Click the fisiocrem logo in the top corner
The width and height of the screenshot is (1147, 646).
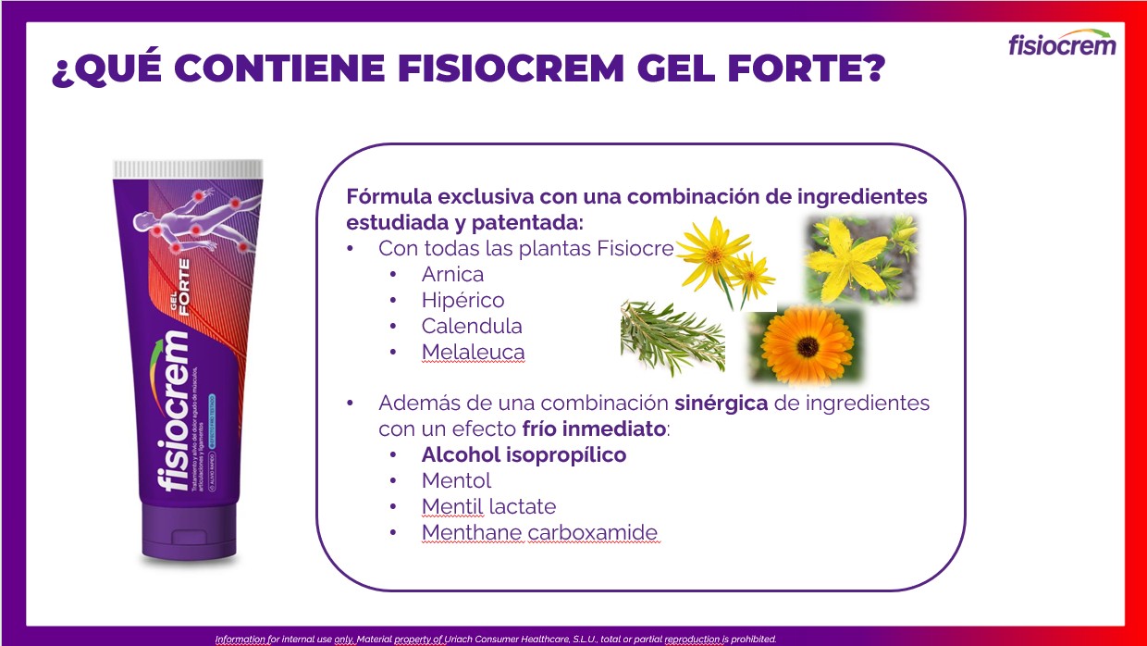pyautogui.click(x=1062, y=43)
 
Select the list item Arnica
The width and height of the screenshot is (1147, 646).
pyautogui.click(x=452, y=274)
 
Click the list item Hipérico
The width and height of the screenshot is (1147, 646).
pyautogui.click(x=462, y=300)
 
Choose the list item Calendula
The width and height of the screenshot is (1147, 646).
pyautogui.click(x=472, y=326)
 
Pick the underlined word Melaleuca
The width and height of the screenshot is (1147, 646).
pyautogui.click(x=473, y=352)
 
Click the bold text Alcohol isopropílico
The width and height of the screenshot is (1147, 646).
pyautogui.click(x=524, y=454)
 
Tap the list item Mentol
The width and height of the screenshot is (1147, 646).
pyautogui.click(x=456, y=480)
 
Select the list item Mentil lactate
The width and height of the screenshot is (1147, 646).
pyautogui.click(x=488, y=506)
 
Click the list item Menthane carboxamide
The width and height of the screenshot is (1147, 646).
pyautogui.click(x=539, y=532)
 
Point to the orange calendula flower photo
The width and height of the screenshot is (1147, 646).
pyautogui.click(x=805, y=345)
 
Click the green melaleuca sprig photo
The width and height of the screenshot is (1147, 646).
pyautogui.click(x=672, y=338)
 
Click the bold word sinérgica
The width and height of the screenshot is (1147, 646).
pyautogui.click(x=721, y=404)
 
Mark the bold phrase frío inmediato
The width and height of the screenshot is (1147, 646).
pyautogui.click(x=593, y=429)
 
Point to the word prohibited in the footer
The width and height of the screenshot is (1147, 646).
pyautogui.click(x=751, y=639)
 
